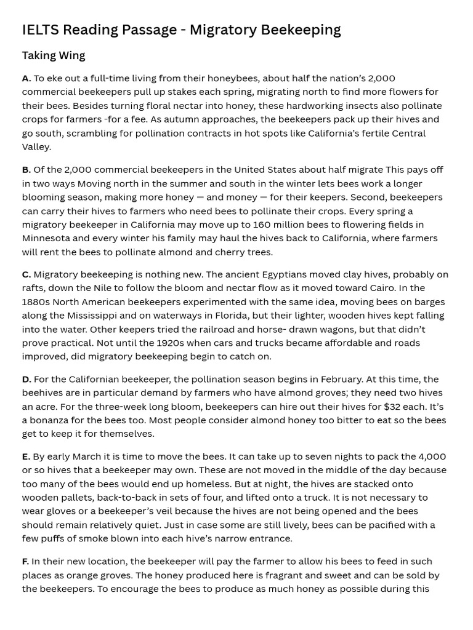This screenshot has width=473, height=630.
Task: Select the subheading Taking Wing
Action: click(x=54, y=55)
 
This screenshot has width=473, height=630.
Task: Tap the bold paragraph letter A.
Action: click(x=26, y=78)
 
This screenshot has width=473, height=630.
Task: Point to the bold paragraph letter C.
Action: click(x=26, y=274)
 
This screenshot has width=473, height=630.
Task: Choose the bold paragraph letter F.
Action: click(x=26, y=561)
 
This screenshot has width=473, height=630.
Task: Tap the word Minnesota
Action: click(x=49, y=238)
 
